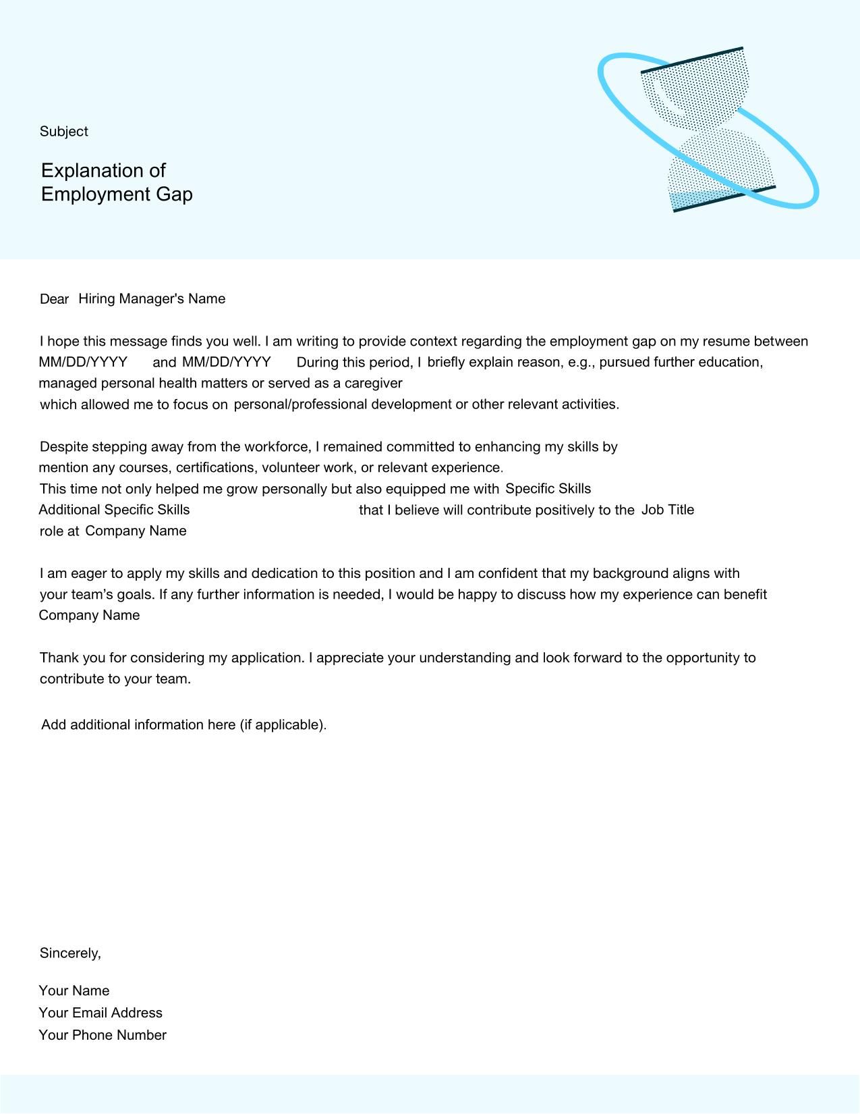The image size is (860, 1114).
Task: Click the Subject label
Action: point(63,132)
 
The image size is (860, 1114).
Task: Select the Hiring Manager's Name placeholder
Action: point(152,298)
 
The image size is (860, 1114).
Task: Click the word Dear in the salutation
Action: point(55,299)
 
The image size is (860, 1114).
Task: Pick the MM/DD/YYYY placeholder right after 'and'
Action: point(227,362)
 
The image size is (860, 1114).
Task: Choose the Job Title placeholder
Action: point(667,510)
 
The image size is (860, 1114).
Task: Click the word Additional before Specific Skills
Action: point(69,510)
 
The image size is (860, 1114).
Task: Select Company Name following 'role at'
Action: point(136,531)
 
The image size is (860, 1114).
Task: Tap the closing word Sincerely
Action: point(70,953)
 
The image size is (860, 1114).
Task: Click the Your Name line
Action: point(74,990)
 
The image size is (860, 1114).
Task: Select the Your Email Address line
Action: point(101,1013)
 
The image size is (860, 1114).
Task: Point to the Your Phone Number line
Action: point(103,1035)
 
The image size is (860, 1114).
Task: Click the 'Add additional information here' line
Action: point(183,724)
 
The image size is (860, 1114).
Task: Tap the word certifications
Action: point(215,468)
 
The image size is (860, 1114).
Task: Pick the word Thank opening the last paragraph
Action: point(59,658)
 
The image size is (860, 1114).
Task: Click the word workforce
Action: point(276,447)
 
